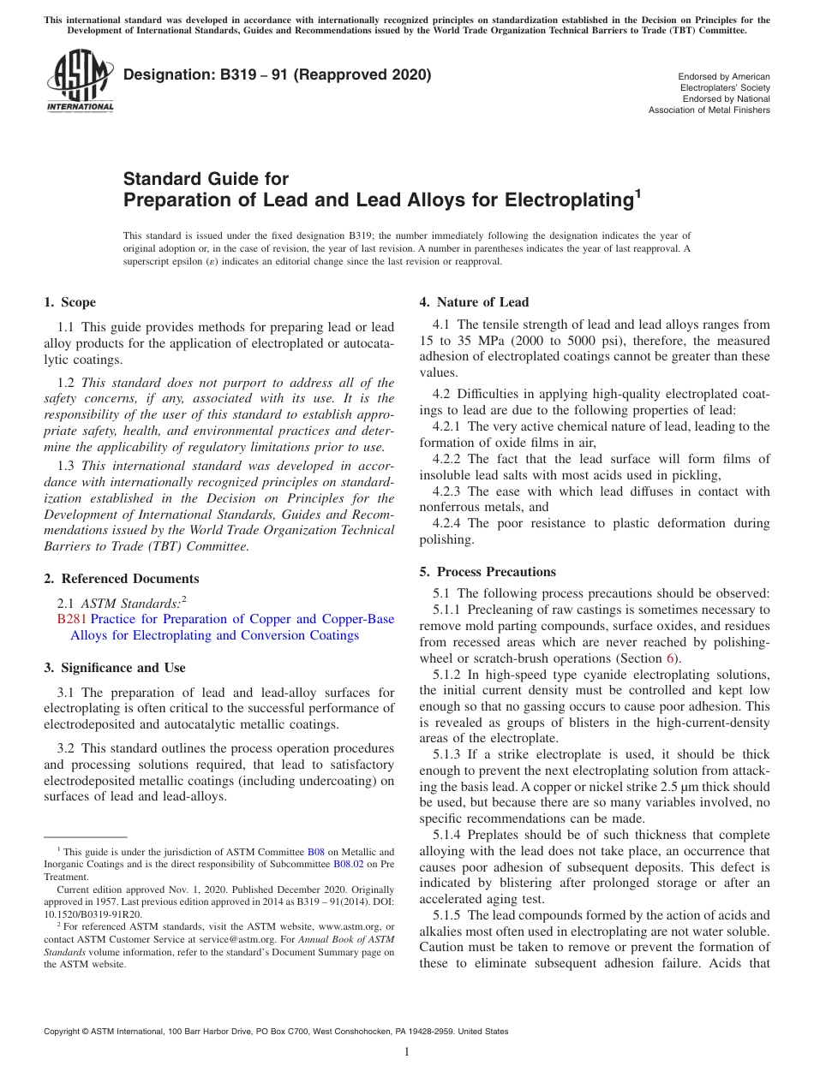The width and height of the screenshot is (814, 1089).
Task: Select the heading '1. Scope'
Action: click(69, 302)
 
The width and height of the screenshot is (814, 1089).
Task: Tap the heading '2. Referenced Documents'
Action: click(121, 579)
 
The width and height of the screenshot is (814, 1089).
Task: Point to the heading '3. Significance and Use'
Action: click(114, 668)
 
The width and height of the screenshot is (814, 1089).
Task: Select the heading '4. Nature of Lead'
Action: click(474, 302)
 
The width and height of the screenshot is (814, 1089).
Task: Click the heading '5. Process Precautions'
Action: click(487, 572)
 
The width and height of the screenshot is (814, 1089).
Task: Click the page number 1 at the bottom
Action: click(406, 1051)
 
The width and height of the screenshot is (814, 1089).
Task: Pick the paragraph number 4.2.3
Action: click(450, 491)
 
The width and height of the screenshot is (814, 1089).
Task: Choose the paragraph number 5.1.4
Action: click(450, 835)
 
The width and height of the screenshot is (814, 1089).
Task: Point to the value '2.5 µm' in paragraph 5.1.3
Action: click(705, 787)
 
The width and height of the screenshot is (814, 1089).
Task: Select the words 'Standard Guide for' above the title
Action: click(206, 179)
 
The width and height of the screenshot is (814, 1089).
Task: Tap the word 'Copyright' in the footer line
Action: click(64, 1032)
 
